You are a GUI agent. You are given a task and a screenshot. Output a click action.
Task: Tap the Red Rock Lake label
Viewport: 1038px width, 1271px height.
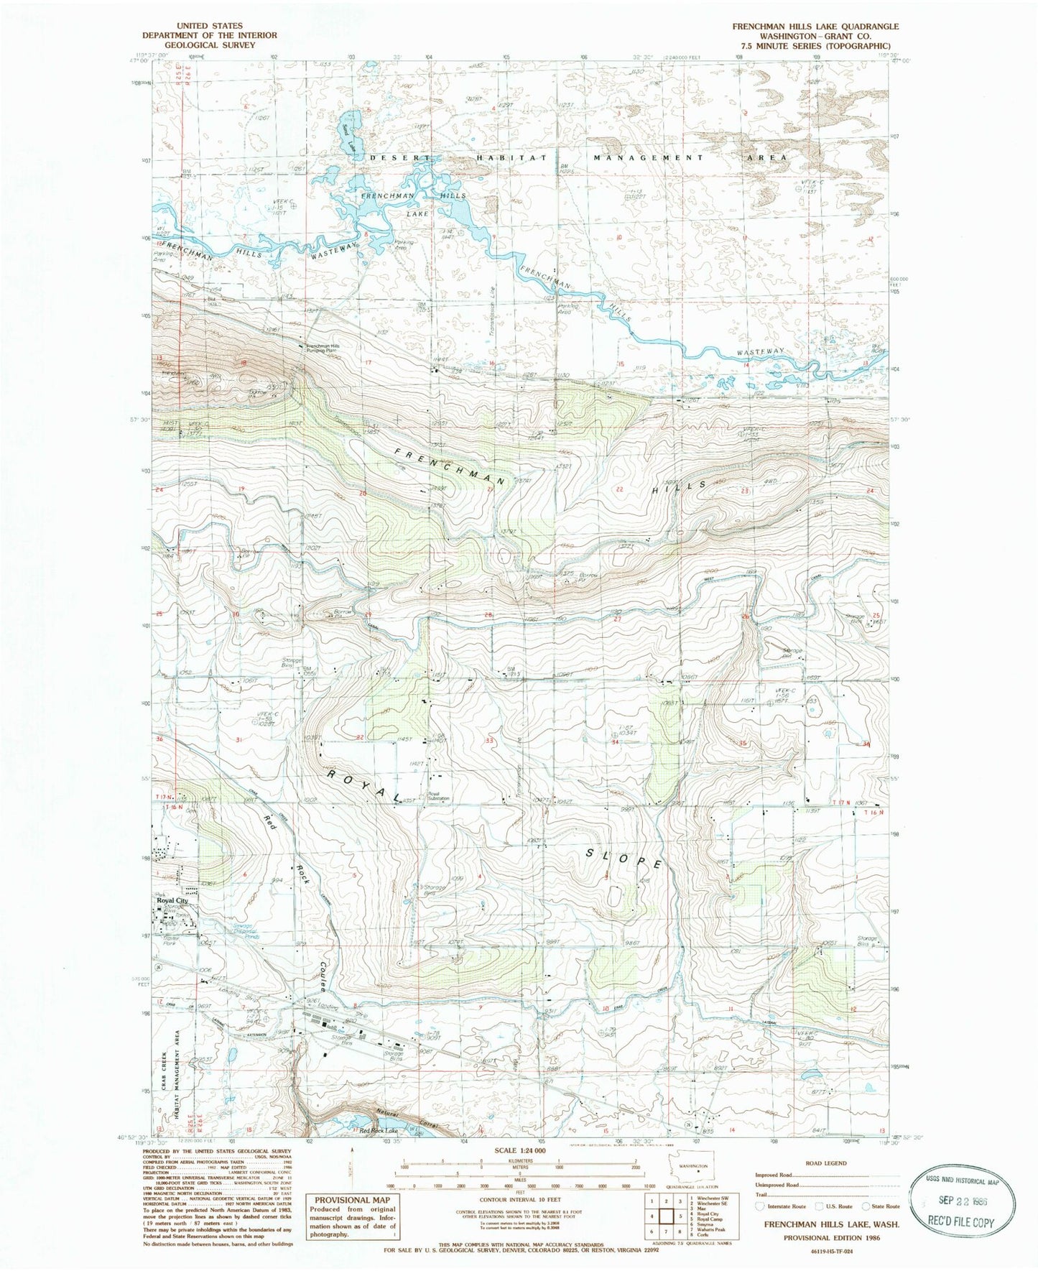379,1131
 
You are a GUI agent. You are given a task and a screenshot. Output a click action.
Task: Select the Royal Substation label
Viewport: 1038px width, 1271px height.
439,796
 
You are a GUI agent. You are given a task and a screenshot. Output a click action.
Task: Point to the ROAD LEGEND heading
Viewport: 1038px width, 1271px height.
826,1163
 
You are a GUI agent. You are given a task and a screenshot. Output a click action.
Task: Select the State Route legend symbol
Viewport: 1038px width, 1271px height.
866,1206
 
